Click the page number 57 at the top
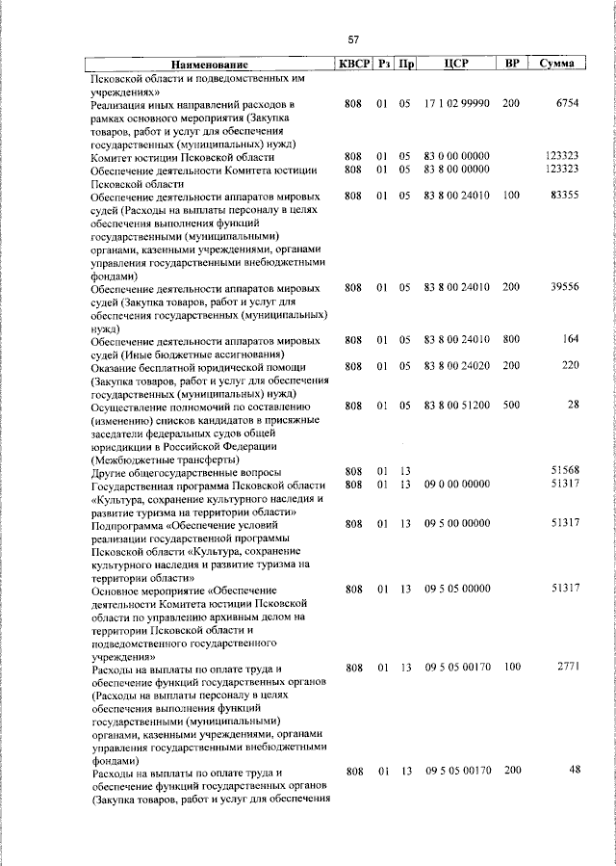353,39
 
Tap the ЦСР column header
456,64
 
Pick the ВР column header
512,64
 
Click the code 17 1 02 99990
457,102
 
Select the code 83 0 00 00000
457,156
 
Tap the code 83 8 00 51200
457,406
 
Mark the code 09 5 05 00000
457,589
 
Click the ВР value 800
511,340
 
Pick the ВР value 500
511,406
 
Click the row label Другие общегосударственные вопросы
186,472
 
